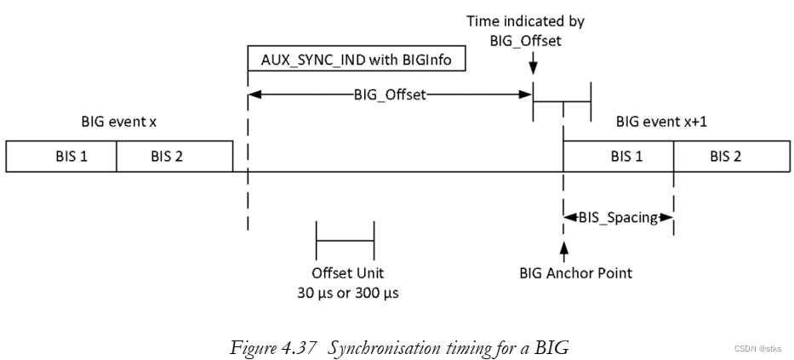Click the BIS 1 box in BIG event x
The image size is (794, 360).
click(61, 156)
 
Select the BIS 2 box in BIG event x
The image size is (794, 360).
click(174, 156)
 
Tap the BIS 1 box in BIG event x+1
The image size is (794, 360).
click(619, 156)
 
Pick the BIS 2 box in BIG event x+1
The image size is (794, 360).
click(729, 156)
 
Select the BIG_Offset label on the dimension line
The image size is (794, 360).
click(391, 95)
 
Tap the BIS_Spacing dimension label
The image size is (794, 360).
click(619, 217)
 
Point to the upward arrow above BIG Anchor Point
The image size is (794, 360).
click(563, 251)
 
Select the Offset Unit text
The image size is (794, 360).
click(346, 273)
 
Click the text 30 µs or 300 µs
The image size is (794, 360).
click(345, 292)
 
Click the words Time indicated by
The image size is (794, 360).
click(526, 20)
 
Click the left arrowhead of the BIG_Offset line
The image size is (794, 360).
click(254, 95)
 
